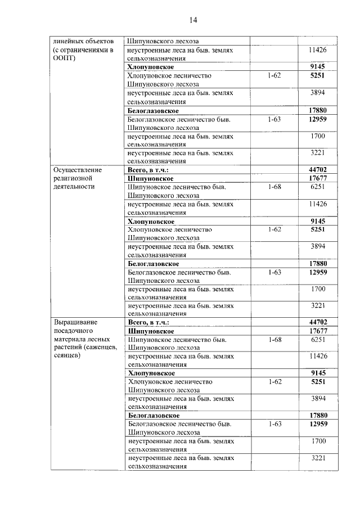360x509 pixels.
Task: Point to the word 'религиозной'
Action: pos(74,178)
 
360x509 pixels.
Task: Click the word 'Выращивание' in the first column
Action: pos(75,322)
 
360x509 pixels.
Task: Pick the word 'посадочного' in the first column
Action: pos(73,330)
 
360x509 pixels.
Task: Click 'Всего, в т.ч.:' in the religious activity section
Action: pos(148,169)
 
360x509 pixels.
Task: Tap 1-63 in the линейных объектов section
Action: pos(275,119)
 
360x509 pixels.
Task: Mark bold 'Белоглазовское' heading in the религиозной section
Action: pos(154,263)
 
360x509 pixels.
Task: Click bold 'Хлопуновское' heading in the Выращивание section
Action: pos(151,373)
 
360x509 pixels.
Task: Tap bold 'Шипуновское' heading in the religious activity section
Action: pos(151,178)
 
